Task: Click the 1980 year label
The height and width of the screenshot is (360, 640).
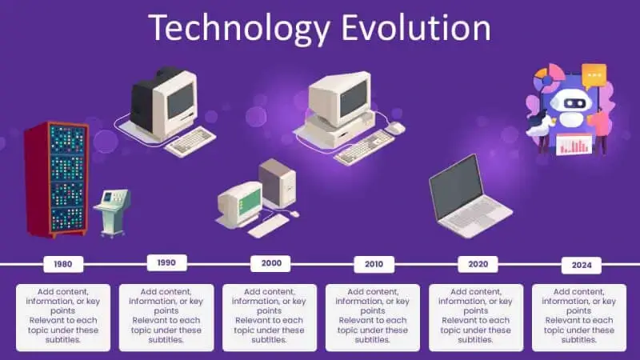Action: click(x=62, y=263)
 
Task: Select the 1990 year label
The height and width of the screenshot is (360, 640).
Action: click(x=167, y=262)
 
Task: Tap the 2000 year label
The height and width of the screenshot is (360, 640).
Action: click(x=270, y=263)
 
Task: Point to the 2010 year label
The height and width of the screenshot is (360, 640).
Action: click(x=374, y=263)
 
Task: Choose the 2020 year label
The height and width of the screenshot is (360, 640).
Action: click(x=478, y=263)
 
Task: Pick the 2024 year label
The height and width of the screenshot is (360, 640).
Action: click(x=581, y=265)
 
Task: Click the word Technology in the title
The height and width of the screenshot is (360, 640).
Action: click(x=239, y=28)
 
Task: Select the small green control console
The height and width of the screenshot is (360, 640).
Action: click(x=110, y=210)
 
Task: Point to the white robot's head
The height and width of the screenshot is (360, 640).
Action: click(x=570, y=100)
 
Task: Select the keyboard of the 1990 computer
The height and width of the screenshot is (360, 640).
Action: click(x=190, y=141)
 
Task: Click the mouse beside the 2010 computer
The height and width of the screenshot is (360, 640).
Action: click(x=394, y=128)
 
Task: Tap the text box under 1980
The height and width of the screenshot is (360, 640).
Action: click(x=63, y=316)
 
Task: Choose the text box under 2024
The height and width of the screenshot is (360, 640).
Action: click(x=579, y=316)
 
